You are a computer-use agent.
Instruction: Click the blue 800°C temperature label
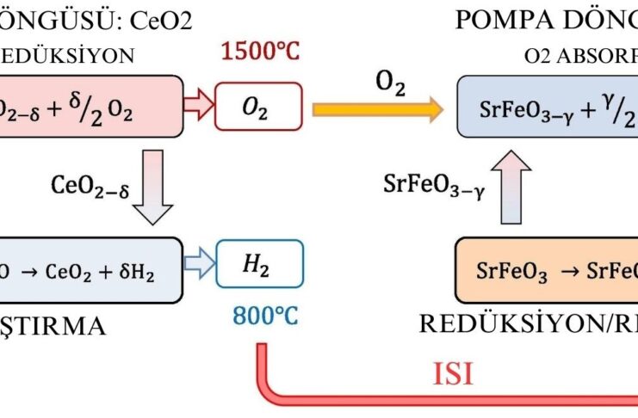point(264,317)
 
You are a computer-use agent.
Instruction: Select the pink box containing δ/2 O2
point(90,106)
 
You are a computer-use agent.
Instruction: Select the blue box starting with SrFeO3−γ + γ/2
point(547,109)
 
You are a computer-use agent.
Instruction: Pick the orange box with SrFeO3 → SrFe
point(547,272)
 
